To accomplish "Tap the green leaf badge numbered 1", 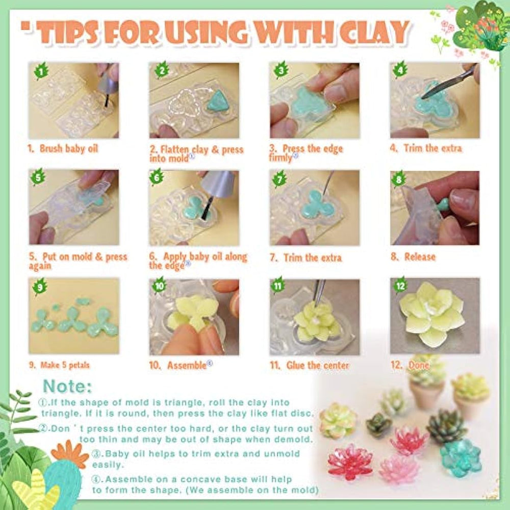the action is [x=41, y=71].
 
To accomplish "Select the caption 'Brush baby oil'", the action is [x=68, y=148].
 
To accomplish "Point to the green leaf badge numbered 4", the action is [x=400, y=69].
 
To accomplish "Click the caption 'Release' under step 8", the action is [x=420, y=257].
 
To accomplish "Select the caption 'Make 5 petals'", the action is [x=65, y=365].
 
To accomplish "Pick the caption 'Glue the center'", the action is [x=317, y=365].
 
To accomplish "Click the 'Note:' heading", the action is [x=67, y=387].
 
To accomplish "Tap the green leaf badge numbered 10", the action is [x=159, y=285].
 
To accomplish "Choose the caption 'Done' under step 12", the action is [x=418, y=365].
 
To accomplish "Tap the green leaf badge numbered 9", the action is [x=40, y=287].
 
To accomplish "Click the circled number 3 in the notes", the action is [x=96, y=454].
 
